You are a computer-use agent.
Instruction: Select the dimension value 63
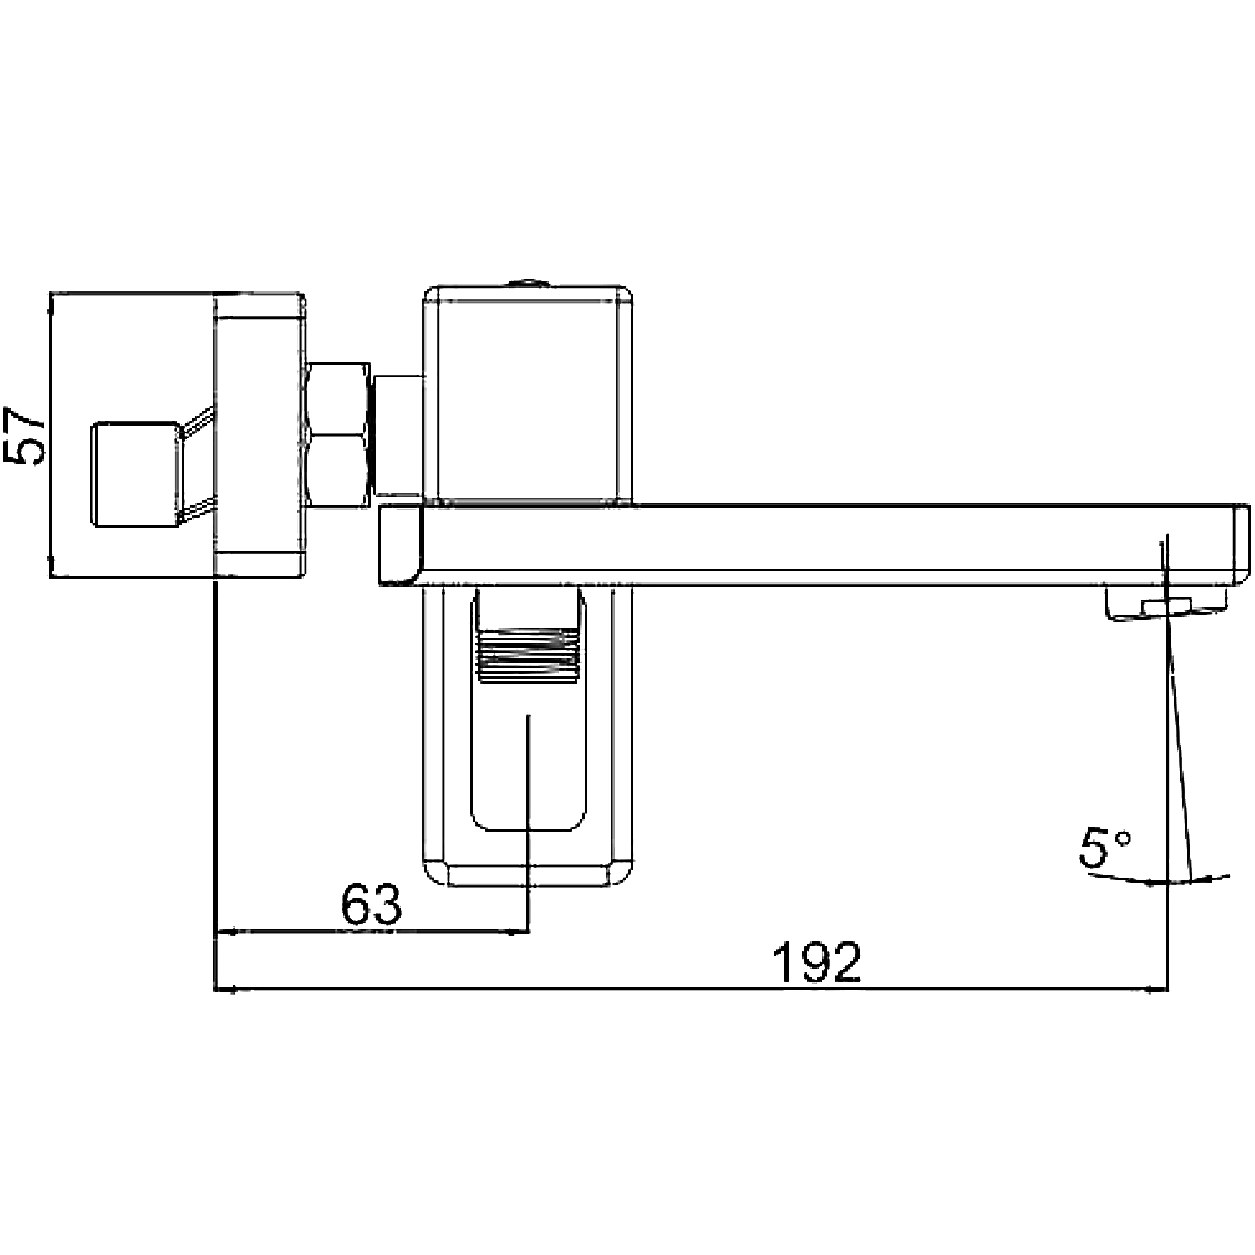point(371,904)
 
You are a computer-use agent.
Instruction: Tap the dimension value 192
point(816,963)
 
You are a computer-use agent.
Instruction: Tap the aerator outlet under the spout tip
point(1168,604)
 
